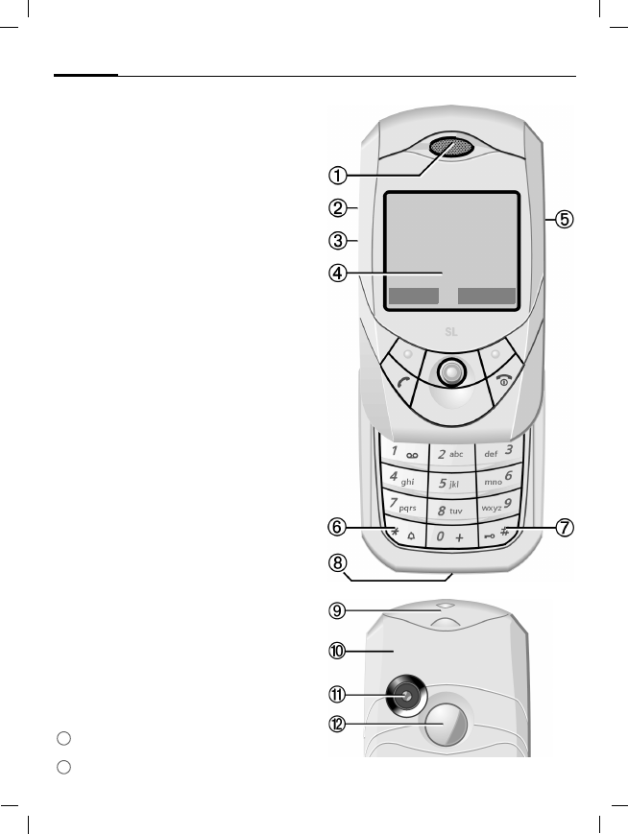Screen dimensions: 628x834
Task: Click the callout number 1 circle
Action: pyautogui.click(x=337, y=176)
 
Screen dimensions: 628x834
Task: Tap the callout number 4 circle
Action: pyautogui.click(x=337, y=273)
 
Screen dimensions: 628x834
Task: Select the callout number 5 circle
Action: pyautogui.click(x=567, y=219)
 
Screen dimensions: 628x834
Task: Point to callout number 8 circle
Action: pyautogui.click(x=337, y=564)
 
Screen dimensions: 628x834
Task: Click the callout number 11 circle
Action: pyautogui.click(x=337, y=695)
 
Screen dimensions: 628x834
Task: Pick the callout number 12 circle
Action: pyautogui.click(x=337, y=726)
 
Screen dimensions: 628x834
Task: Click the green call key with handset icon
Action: pyautogui.click(x=402, y=383)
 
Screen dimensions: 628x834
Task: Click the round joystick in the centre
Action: pyautogui.click(x=449, y=371)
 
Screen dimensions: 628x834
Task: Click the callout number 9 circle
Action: pyautogui.click(x=337, y=609)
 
